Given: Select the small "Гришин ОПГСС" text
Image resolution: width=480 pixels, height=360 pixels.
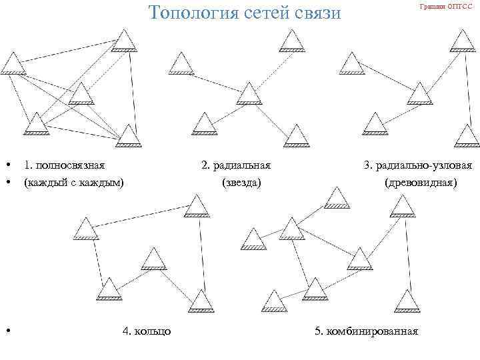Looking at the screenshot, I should (x=446, y=6).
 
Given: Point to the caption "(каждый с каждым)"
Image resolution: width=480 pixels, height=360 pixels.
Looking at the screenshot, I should (x=73, y=181).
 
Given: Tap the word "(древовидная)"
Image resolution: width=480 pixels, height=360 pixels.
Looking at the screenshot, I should (x=421, y=181).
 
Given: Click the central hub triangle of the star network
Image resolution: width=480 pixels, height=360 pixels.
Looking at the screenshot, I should (x=249, y=94).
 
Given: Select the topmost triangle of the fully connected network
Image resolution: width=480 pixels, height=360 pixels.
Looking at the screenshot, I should (x=123, y=41).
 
